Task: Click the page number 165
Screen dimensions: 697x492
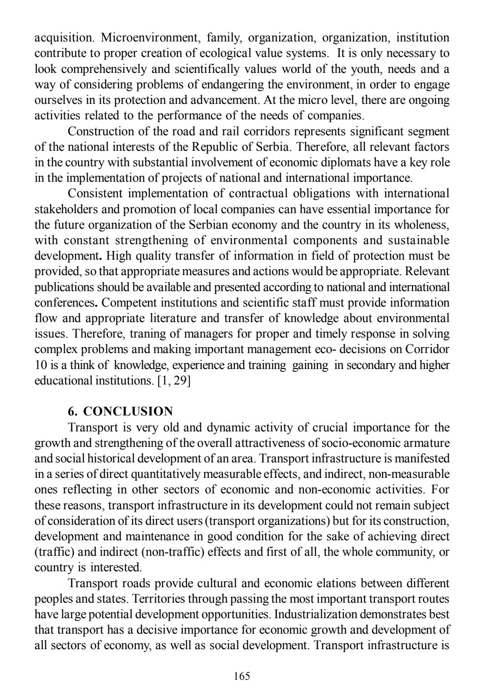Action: click(x=241, y=676)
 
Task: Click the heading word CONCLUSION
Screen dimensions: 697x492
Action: click(x=128, y=411)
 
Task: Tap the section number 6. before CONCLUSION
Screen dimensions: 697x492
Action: click(x=72, y=411)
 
